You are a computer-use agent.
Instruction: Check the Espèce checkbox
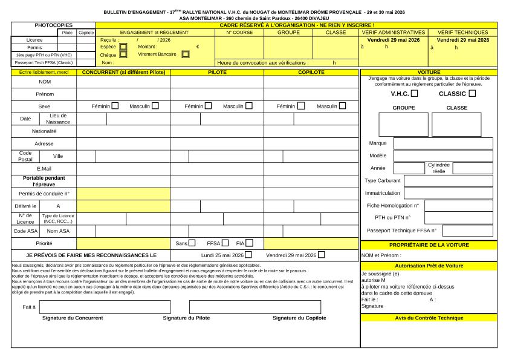pyautogui.click(x=123, y=46)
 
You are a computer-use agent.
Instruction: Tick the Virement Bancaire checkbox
pyautogui.click(x=186, y=54)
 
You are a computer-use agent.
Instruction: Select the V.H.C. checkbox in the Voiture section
pyautogui.click(x=414, y=93)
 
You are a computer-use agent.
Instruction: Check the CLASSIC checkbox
pyautogui.click(x=472, y=93)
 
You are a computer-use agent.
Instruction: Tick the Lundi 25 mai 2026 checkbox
pyautogui.click(x=248, y=255)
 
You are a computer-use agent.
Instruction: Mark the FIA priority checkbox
pyautogui.click(x=248, y=243)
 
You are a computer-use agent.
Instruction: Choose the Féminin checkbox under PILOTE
pyautogui.click(x=208, y=106)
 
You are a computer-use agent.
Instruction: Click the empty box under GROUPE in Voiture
pyautogui.click(x=403, y=125)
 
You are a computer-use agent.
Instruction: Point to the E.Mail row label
pyautogui.click(x=44, y=168)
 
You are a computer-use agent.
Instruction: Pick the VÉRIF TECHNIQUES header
pyautogui.click(x=462, y=31)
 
